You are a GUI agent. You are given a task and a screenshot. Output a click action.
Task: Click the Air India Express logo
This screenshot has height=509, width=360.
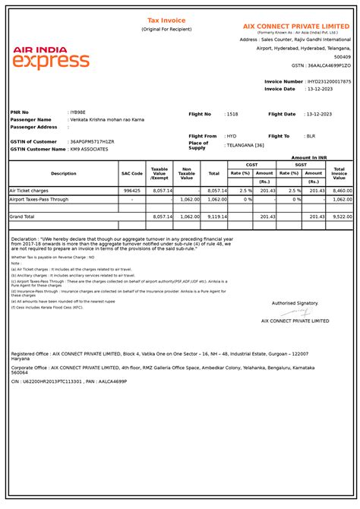click(x=51, y=57)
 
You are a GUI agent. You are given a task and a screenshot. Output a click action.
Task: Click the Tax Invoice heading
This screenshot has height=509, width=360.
click(x=166, y=21)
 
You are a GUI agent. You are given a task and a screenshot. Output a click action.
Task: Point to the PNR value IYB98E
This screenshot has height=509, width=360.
click(x=79, y=112)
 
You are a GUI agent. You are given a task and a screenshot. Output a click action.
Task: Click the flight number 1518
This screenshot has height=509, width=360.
click(x=232, y=114)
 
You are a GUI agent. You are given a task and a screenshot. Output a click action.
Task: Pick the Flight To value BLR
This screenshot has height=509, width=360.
click(x=310, y=136)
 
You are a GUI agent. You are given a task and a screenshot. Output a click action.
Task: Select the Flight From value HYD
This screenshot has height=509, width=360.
click(x=232, y=136)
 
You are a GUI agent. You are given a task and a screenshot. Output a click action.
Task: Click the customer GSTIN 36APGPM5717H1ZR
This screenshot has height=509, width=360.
click(x=93, y=142)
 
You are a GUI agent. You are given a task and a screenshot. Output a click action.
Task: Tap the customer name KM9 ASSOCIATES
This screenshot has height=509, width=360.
click(x=90, y=149)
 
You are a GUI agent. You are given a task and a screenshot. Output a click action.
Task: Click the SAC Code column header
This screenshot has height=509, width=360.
click(x=131, y=173)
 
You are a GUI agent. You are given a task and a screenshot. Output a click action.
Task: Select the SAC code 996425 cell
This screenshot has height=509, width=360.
click(x=131, y=191)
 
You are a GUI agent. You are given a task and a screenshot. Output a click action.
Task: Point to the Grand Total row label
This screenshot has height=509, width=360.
click(x=22, y=217)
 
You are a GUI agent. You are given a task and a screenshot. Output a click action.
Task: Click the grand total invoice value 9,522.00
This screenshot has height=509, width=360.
click(x=342, y=217)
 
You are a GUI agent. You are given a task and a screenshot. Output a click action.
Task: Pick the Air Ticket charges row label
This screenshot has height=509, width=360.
click(x=29, y=191)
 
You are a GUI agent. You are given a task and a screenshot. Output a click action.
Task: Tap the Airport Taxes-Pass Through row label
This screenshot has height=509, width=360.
click(x=39, y=199)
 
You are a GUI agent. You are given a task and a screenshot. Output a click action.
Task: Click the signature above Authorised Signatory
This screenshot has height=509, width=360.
click(x=298, y=311)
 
